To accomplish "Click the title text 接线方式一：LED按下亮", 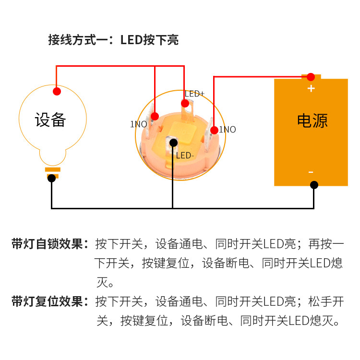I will coord(113,40).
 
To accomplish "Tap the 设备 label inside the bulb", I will coord(50,120).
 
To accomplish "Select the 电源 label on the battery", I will coord(312,120).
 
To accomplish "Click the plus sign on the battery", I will coord(311,88).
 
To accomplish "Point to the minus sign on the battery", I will coord(311,172).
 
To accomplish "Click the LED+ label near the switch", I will coord(194,94).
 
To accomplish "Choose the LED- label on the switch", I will coord(185,155).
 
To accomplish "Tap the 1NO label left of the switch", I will coord(138,124).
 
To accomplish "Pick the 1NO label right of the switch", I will coord(228,130).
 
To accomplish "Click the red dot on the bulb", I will coord(57,91).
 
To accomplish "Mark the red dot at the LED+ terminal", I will coord(185,103).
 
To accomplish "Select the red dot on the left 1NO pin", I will coord(155,116).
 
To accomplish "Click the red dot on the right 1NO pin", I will coord(214,130).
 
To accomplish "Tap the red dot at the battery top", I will coord(311,77).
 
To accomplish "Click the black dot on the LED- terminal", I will coord(173,142).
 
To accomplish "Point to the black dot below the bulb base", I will coord(51,179).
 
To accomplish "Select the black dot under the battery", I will coord(314,185).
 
